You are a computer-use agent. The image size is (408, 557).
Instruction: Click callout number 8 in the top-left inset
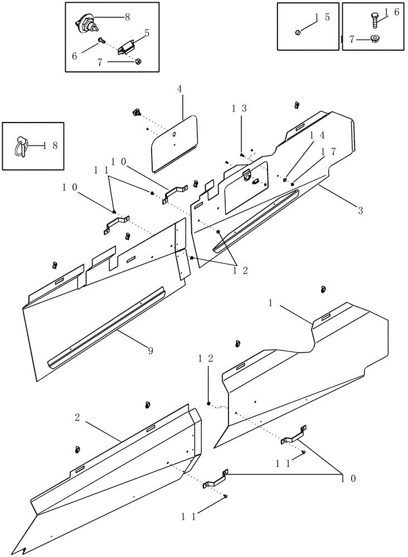tap(127, 17)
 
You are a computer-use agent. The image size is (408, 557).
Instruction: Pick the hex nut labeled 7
tap(138, 61)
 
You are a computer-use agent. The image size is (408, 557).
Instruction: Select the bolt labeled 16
tap(374, 20)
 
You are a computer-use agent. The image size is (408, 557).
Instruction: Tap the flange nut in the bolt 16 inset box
tap(374, 38)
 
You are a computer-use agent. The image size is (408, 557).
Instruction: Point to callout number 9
tap(150, 350)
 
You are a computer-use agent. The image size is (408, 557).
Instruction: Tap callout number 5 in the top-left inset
tap(147, 33)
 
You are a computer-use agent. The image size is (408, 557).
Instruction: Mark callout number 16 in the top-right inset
tap(392, 12)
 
